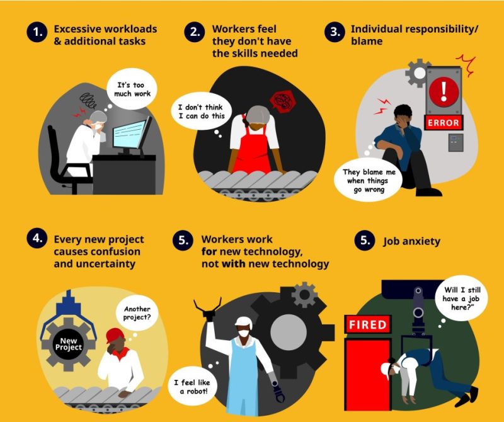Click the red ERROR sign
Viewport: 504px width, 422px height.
click(x=444, y=122)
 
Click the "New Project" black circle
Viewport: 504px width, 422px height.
click(x=68, y=344)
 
